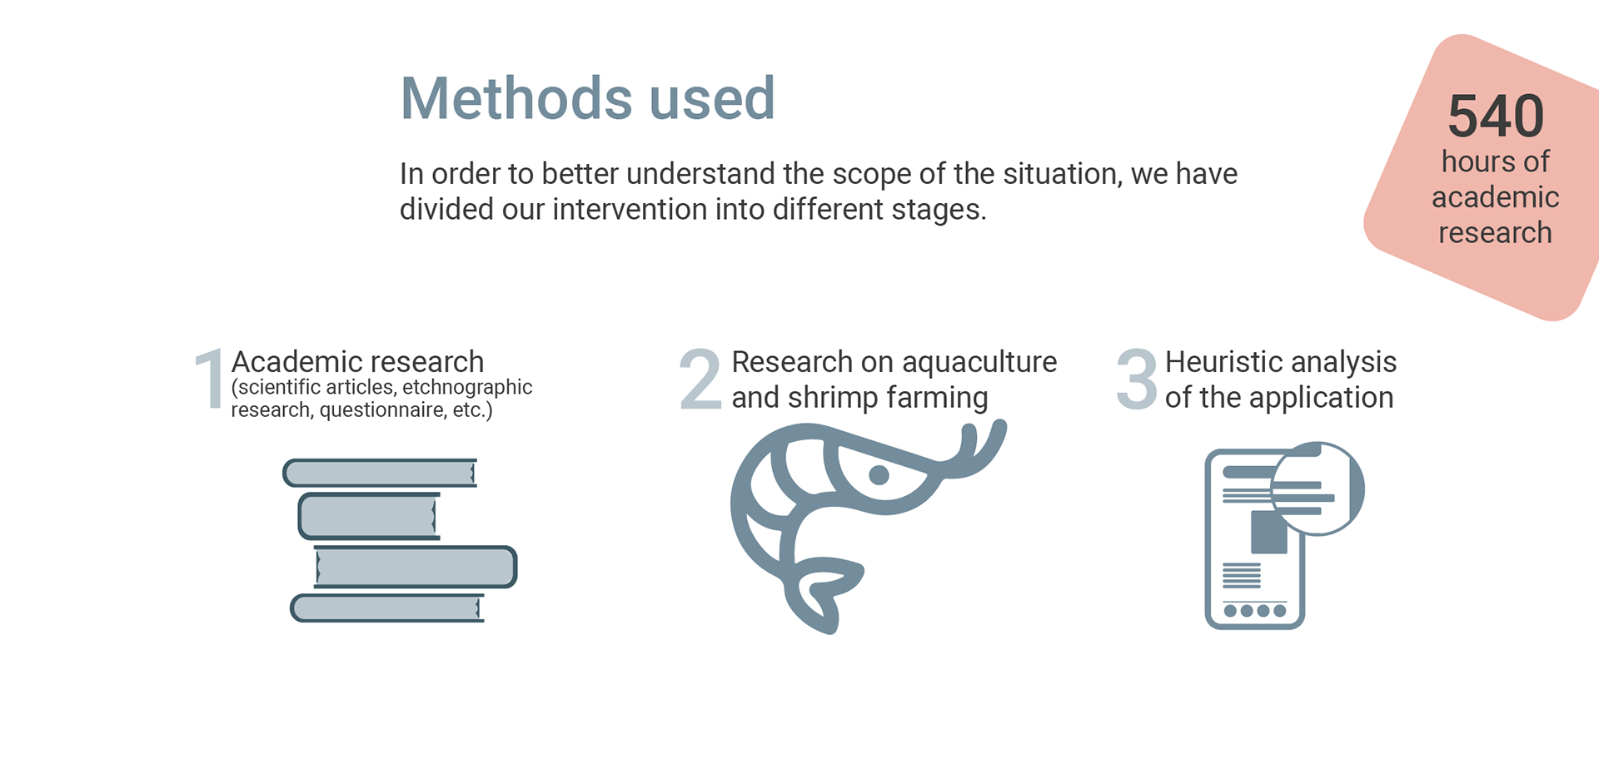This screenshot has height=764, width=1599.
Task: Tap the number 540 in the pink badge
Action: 1496,117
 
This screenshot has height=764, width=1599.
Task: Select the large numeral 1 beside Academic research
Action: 210,379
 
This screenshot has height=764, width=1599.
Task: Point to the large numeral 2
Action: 700,379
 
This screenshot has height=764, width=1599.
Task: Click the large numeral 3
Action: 1137,380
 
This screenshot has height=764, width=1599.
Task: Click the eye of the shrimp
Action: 879,475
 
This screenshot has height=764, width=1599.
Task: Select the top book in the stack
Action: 380,473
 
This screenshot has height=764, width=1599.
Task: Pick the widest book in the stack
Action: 415,568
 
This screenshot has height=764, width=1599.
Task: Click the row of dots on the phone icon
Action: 1254,611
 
